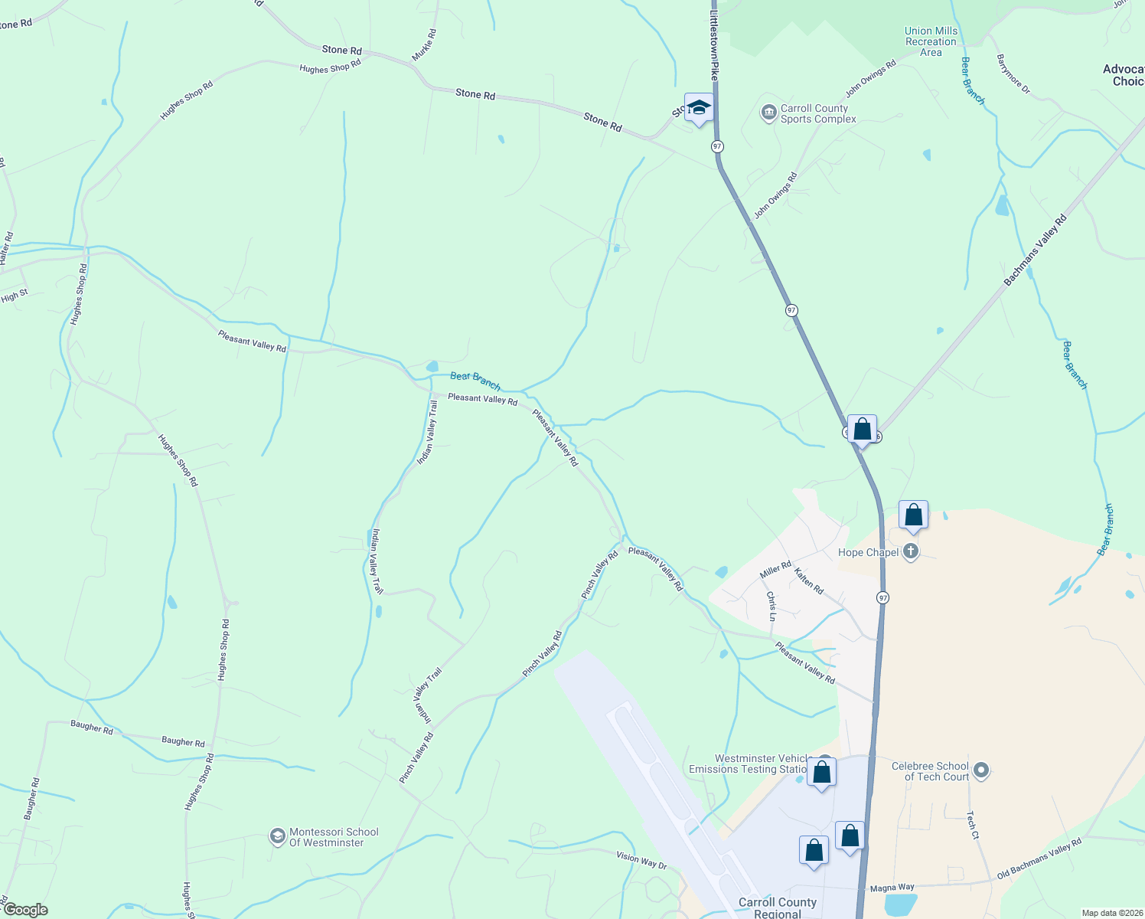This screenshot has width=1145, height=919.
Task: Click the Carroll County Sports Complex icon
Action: click(768, 113)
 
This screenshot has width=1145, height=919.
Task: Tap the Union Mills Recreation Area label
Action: click(931, 42)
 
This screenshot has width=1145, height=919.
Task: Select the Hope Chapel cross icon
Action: click(910, 551)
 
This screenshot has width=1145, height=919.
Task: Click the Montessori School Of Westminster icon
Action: click(277, 836)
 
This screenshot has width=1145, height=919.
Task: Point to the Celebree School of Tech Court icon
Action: click(983, 770)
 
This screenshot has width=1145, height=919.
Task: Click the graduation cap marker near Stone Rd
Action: click(699, 108)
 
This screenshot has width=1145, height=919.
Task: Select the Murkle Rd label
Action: click(424, 45)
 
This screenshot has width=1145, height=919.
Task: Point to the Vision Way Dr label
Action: click(641, 859)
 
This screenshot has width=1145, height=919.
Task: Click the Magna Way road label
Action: click(892, 888)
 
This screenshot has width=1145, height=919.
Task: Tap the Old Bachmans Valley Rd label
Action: click(1039, 859)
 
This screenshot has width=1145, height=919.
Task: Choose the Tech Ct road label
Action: click(972, 825)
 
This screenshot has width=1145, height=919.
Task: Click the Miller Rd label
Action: click(775, 570)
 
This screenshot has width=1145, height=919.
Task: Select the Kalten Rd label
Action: click(808, 581)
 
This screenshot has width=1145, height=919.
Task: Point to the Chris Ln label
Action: click(771, 607)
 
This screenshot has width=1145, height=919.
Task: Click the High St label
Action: click(15, 296)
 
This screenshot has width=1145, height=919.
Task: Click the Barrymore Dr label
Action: click(1013, 74)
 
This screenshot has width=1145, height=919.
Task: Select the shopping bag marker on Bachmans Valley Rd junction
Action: click(862, 430)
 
